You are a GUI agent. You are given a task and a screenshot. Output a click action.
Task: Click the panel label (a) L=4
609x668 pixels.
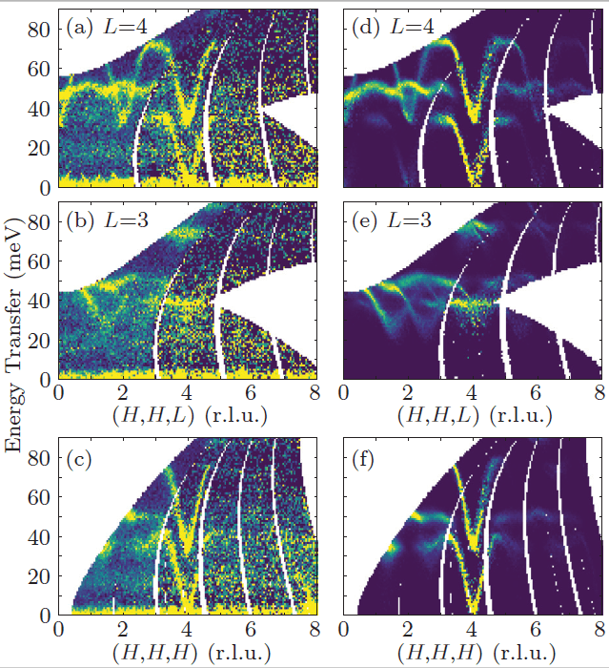click(105, 28)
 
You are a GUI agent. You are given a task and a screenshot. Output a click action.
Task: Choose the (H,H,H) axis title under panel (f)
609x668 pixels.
click(470, 655)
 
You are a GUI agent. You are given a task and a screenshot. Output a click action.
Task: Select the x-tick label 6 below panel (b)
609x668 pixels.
click(250, 391)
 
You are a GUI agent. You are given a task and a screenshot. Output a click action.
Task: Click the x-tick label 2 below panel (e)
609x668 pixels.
click(408, 391)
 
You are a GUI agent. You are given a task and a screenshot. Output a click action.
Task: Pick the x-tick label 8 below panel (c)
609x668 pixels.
click(314, 631)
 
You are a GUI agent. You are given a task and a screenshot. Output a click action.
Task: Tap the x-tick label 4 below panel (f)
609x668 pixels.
click(471, 631)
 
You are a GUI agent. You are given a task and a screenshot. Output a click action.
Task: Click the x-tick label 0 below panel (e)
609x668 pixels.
click(345, 391)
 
